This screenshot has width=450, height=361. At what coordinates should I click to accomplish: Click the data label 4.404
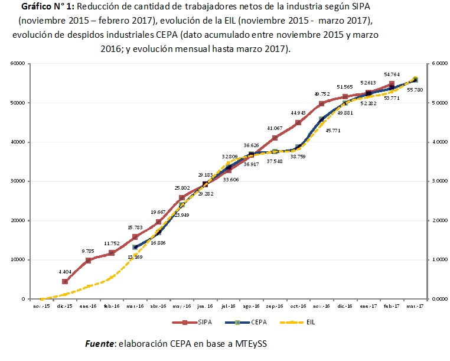(65, 272)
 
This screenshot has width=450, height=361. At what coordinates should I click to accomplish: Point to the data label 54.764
(392, 74)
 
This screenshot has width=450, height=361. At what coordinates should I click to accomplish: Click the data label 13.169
(136, 257)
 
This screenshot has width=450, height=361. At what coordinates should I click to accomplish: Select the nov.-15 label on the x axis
(41, 306)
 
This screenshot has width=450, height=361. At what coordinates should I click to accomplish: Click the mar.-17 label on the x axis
(415, 306)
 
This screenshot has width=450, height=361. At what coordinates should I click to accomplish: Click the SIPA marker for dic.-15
(65, 281)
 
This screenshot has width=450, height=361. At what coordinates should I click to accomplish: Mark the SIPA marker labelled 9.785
(88, 261)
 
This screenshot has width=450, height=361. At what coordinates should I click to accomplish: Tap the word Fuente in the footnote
(100, 343)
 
